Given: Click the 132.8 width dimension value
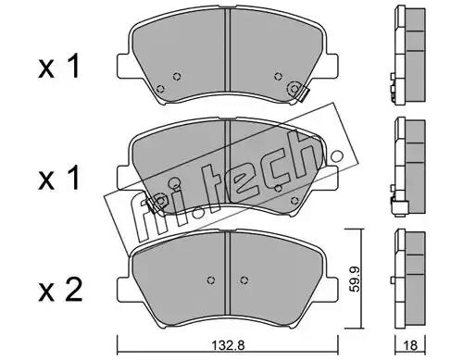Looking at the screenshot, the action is coord(229,345).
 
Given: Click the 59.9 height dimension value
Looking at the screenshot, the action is coord(356,279).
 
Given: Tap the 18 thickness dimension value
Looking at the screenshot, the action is coord(410,345).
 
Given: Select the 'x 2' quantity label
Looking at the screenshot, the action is coord(60,290).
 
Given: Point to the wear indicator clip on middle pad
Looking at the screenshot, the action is coord(153,204).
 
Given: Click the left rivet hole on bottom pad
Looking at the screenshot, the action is coord(211,279).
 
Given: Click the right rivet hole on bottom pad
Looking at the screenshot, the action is coord(244,279).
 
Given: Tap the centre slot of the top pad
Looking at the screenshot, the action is coord(228,50).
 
